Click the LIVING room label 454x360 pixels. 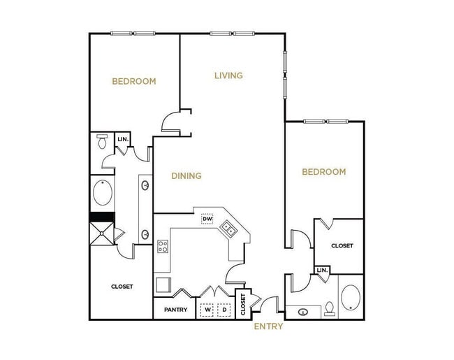pyautogui.click(x=228, y=75)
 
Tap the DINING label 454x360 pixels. pyautogui.click(x=186, y=176)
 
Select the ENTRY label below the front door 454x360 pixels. pyautogui.click(x=268, y=326)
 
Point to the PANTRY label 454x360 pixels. pyautogui.click(x=175, y=310)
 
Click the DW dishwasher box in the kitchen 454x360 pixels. pyautogui.click(x=207, y=219)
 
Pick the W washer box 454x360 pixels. pyautogui.click(x=207, y=309)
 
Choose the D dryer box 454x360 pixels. pyautogui.click(x=224, y=309)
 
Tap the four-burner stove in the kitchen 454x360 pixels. pyautogui.click(x=163, y=246)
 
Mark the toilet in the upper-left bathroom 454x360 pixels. pyautogui.click(x=102, y=143)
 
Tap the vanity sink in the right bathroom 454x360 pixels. pyautogui.click(x=303, y=312)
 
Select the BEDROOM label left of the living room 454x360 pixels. pyautogui.click(x=134, y=81)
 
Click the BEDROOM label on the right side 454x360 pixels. pyautogui.click(x=323, y=172)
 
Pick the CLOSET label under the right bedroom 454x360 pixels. pyautogui.click(x=342, y=246)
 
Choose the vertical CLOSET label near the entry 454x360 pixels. pyautogui.click(x=243, y=305)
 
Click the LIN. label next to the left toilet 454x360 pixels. pyautogui.click(x=124, y=140)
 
